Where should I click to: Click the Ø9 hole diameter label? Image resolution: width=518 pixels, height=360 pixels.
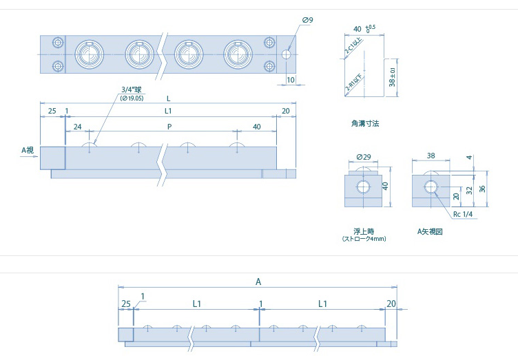(307, 20)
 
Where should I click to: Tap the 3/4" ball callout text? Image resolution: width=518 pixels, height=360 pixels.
(130, 89)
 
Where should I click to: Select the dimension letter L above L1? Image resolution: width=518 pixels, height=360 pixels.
(168, 98)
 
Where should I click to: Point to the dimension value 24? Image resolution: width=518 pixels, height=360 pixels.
(77, 127)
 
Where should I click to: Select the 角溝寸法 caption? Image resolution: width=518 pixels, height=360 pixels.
(364, 125)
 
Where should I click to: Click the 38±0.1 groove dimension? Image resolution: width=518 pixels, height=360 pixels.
(392, 76)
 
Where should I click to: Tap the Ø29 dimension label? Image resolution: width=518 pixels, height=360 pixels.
(364, 158)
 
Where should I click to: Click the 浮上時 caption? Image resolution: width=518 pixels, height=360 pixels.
(363, 231)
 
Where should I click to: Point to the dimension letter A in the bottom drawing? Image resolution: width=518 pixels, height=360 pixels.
(258, 282)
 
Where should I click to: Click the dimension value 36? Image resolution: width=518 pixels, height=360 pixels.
(482, 189)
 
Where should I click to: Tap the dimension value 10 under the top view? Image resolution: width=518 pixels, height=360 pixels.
(290, 80)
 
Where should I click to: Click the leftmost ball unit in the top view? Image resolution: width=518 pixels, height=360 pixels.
(87, 54)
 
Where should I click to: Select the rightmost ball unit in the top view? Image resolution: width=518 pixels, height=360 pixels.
(238, 54)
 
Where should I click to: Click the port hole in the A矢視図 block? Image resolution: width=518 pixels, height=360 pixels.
(431, 187)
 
